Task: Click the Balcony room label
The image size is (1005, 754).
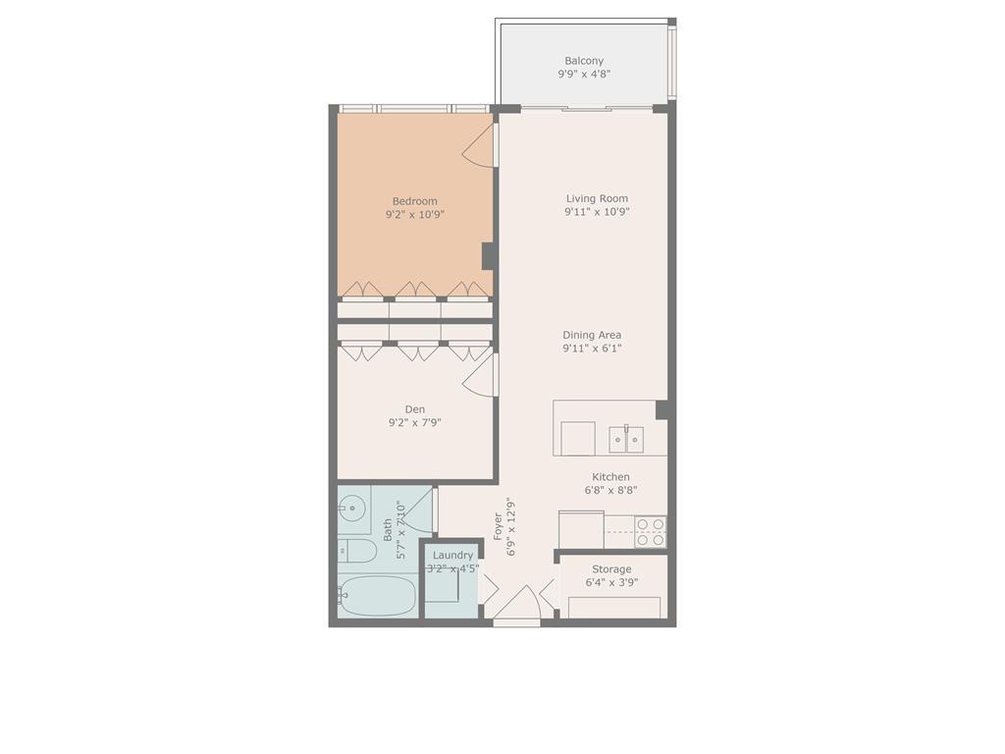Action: (x=584, y=61)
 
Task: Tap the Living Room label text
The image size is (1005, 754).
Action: (x=597, y=198)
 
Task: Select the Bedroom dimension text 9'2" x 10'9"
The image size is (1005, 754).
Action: (x=415, y=214)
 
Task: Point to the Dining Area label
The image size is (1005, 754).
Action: (x=592, y=335)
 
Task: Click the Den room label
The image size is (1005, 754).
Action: (x=415, y=409)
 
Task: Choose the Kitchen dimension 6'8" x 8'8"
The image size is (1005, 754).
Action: (x=610, y=490)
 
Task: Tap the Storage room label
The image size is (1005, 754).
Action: (x=611, y=569)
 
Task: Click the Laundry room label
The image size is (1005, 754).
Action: (x=452, y=555)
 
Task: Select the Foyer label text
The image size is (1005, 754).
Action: (x=499, y=527)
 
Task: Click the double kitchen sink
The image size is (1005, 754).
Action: (x=625, y=438)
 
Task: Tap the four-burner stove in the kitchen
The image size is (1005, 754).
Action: (x=650, y=531)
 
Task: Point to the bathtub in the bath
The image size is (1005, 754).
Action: (x=379, y=595)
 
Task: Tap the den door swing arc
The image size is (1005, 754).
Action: (x=479, y=376)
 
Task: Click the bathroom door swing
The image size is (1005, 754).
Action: (x=419, y=512)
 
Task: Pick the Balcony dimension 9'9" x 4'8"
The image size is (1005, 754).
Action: (x=584, y=74)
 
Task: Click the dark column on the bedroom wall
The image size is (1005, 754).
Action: (x=488, y=255)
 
